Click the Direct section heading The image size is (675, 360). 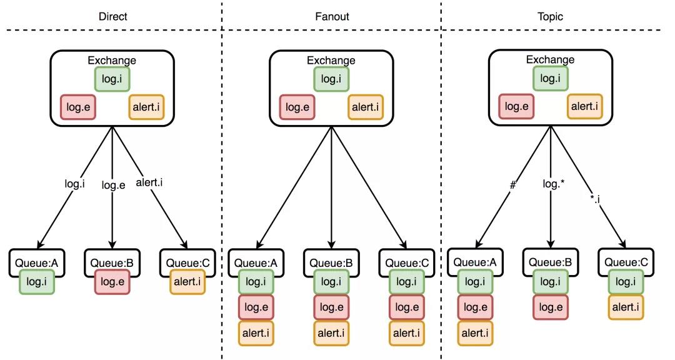coord(112,16)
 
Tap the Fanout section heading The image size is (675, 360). coord(332,16)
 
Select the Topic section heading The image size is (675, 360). coord(550,16)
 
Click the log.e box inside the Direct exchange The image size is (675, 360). coord(78,107)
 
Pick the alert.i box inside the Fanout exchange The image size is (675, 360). coord(366,107)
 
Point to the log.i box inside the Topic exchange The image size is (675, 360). coord(550,78)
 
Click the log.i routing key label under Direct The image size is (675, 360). coord(74,184)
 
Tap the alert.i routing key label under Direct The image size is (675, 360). coord(149,182)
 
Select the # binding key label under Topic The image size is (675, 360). coord(512,185)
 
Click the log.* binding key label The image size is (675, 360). coord(554,184)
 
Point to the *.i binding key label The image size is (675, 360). coord(596,199)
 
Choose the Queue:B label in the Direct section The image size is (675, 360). coord(112,263)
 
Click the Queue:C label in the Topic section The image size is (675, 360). coord(626,262)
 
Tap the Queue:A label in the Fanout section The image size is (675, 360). coord(256,263)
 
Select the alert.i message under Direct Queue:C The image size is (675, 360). coord(187,282)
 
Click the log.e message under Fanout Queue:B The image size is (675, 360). coord(331,307)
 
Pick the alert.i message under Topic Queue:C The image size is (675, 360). coord(626,307)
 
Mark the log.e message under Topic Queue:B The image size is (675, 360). coord(551,307)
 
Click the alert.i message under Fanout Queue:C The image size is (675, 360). coord(407,333)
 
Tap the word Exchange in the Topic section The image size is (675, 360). coord(550,59)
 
